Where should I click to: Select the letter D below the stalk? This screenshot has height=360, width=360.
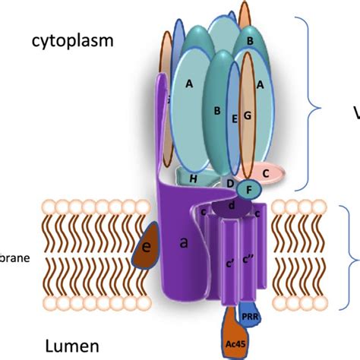click(230, 182)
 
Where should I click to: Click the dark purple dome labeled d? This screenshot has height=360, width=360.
click(232, 205)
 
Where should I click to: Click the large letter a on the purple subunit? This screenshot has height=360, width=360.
click(183, 243)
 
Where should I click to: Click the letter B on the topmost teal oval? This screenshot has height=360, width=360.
click(250, 40)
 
